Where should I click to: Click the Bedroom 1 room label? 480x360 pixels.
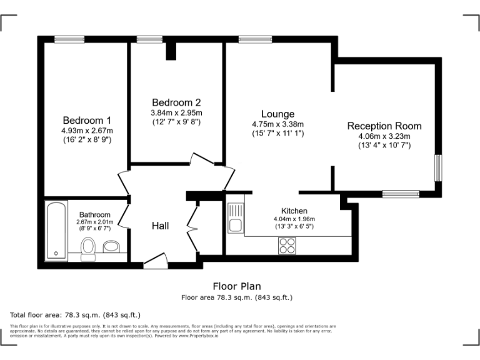[x=87, y=120]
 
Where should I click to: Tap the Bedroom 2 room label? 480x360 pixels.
[x=176, y=102]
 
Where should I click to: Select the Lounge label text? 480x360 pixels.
[x=277, y=114]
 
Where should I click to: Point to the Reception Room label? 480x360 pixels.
[x=384, y=126]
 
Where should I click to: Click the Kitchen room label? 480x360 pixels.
[x=294, y=211]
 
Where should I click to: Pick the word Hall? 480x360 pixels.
[x=160, y=226]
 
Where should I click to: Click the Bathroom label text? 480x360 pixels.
[x=95, y=215]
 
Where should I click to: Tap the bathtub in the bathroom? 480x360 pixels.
[x=56, y=230]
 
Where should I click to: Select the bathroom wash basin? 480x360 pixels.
[x=111, y=246]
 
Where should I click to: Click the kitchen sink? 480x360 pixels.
[x=236, y=224]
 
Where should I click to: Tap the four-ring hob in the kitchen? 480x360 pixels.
[x=287, y=246]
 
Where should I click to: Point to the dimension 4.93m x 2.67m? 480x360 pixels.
[x=87, y=131]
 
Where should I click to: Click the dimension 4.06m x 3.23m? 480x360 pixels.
[x=384, y=136]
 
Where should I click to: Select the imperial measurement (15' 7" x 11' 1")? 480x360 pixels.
[x=277, y=133]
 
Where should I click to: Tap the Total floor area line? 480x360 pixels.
[x=75, y=314]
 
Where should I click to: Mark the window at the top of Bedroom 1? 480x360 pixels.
[x=69, y=39]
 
